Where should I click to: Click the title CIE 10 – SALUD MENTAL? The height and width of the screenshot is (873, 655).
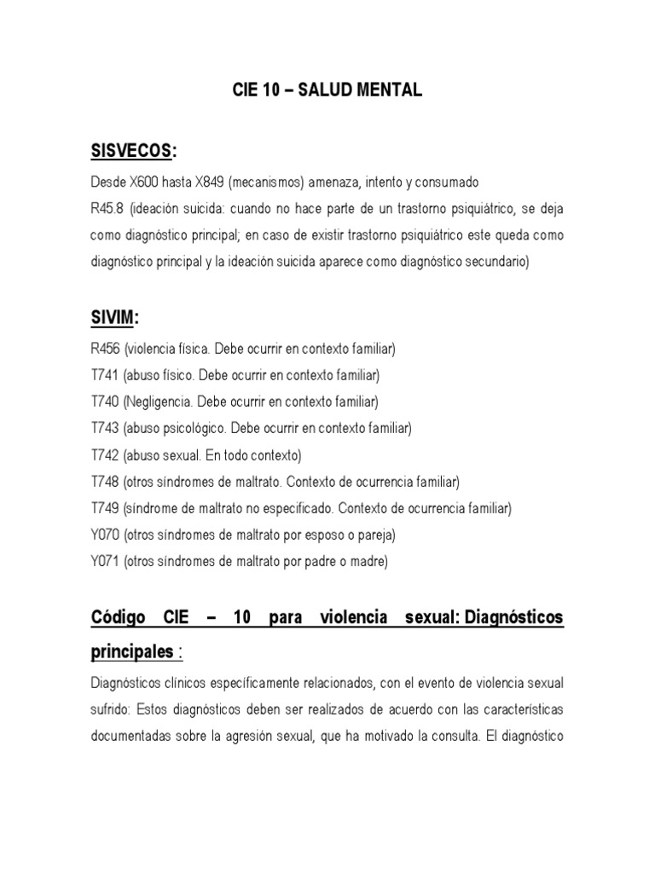[x=327, y=90]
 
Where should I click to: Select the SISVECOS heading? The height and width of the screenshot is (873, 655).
[x=132, y=151]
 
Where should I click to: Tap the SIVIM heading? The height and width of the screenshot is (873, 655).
[x=113, y=317]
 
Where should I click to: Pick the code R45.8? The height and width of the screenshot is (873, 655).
[x=106, y=209]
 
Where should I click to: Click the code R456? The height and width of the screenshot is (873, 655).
[x=105, y=349]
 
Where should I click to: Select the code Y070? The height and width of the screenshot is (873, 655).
[x=105, y=535]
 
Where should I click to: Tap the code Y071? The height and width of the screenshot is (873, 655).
[x=105, y=561]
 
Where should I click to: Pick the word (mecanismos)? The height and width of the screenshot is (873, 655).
[x=265, y=182]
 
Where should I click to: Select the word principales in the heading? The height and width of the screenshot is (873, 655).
[x=130, y=652]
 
